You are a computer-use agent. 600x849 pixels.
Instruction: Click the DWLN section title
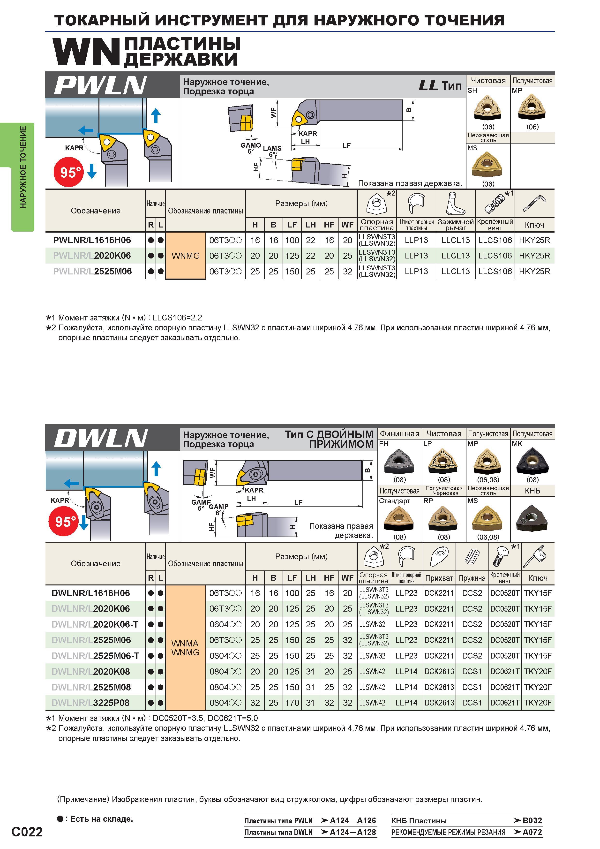coord(101,439)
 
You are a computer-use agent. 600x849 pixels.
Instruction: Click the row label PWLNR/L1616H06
coord(92,240)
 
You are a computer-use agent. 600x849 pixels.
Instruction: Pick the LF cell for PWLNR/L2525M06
coord(292,271)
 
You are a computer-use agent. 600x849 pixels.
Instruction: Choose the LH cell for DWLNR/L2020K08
coord(311,672)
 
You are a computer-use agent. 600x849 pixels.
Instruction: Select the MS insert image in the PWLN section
coord(488,165)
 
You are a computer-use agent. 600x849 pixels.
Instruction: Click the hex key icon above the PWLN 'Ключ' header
coord(535,204)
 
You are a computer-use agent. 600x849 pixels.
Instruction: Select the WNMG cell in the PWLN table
coord(186,256)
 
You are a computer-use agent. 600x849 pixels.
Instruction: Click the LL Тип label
coord(440,86)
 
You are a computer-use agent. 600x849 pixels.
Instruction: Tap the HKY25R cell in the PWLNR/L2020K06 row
coord(535,256)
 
